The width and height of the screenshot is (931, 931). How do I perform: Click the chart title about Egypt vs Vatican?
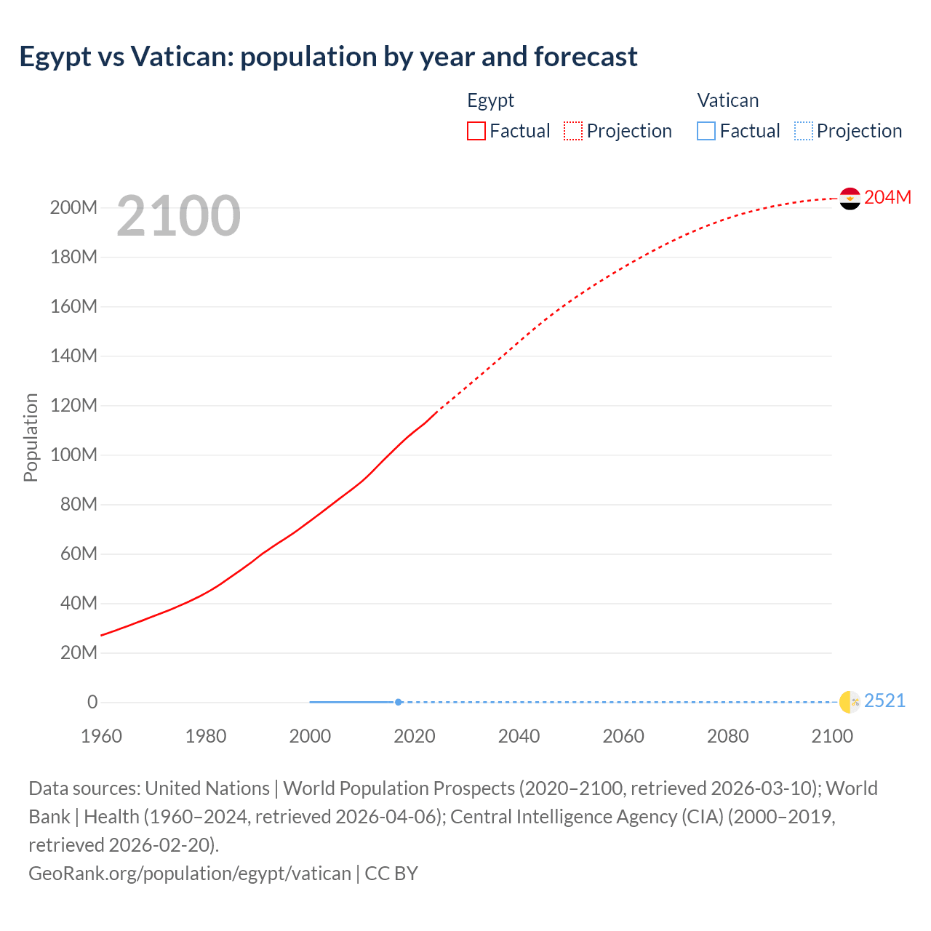click(x=328, y=57)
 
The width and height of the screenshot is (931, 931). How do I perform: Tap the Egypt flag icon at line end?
click(x=850, y=198)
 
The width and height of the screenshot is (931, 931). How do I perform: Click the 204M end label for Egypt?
click(x=887, y=197)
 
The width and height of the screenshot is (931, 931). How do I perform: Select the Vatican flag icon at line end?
click(x=850, y=702)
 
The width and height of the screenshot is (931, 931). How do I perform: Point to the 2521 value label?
click(x=884, y=700)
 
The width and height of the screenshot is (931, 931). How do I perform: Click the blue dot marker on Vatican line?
click(x=399, y=702)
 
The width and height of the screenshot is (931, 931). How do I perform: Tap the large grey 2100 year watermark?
click(x=178, y=215)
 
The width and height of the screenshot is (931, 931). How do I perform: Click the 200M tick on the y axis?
click(x=73, y=208)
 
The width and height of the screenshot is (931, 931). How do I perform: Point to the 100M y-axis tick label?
click(x=73, y=455)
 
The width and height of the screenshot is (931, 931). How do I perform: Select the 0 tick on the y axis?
click(x=92, y=703)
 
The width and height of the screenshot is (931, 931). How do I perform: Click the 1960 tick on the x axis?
click(x=101, y=736)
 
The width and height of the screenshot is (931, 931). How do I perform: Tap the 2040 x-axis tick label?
click(x=519, y=736)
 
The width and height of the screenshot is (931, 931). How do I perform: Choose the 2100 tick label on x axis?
click(x=832, y=736)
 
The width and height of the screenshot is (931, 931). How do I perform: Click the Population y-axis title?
click(x=31, y=437)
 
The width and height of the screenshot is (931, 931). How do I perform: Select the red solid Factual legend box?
click(x=476, y=131)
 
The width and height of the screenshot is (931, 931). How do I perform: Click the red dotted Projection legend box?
click(x=573, y=131)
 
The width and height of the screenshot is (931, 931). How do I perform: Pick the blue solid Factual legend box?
click(x=706, y=131)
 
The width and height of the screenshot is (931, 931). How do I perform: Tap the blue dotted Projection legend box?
click(x=803, y=131)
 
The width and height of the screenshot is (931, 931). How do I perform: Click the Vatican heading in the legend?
click(x=727, y=100)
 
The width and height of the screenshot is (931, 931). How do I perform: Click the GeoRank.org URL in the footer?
click(x=190, y=873)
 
